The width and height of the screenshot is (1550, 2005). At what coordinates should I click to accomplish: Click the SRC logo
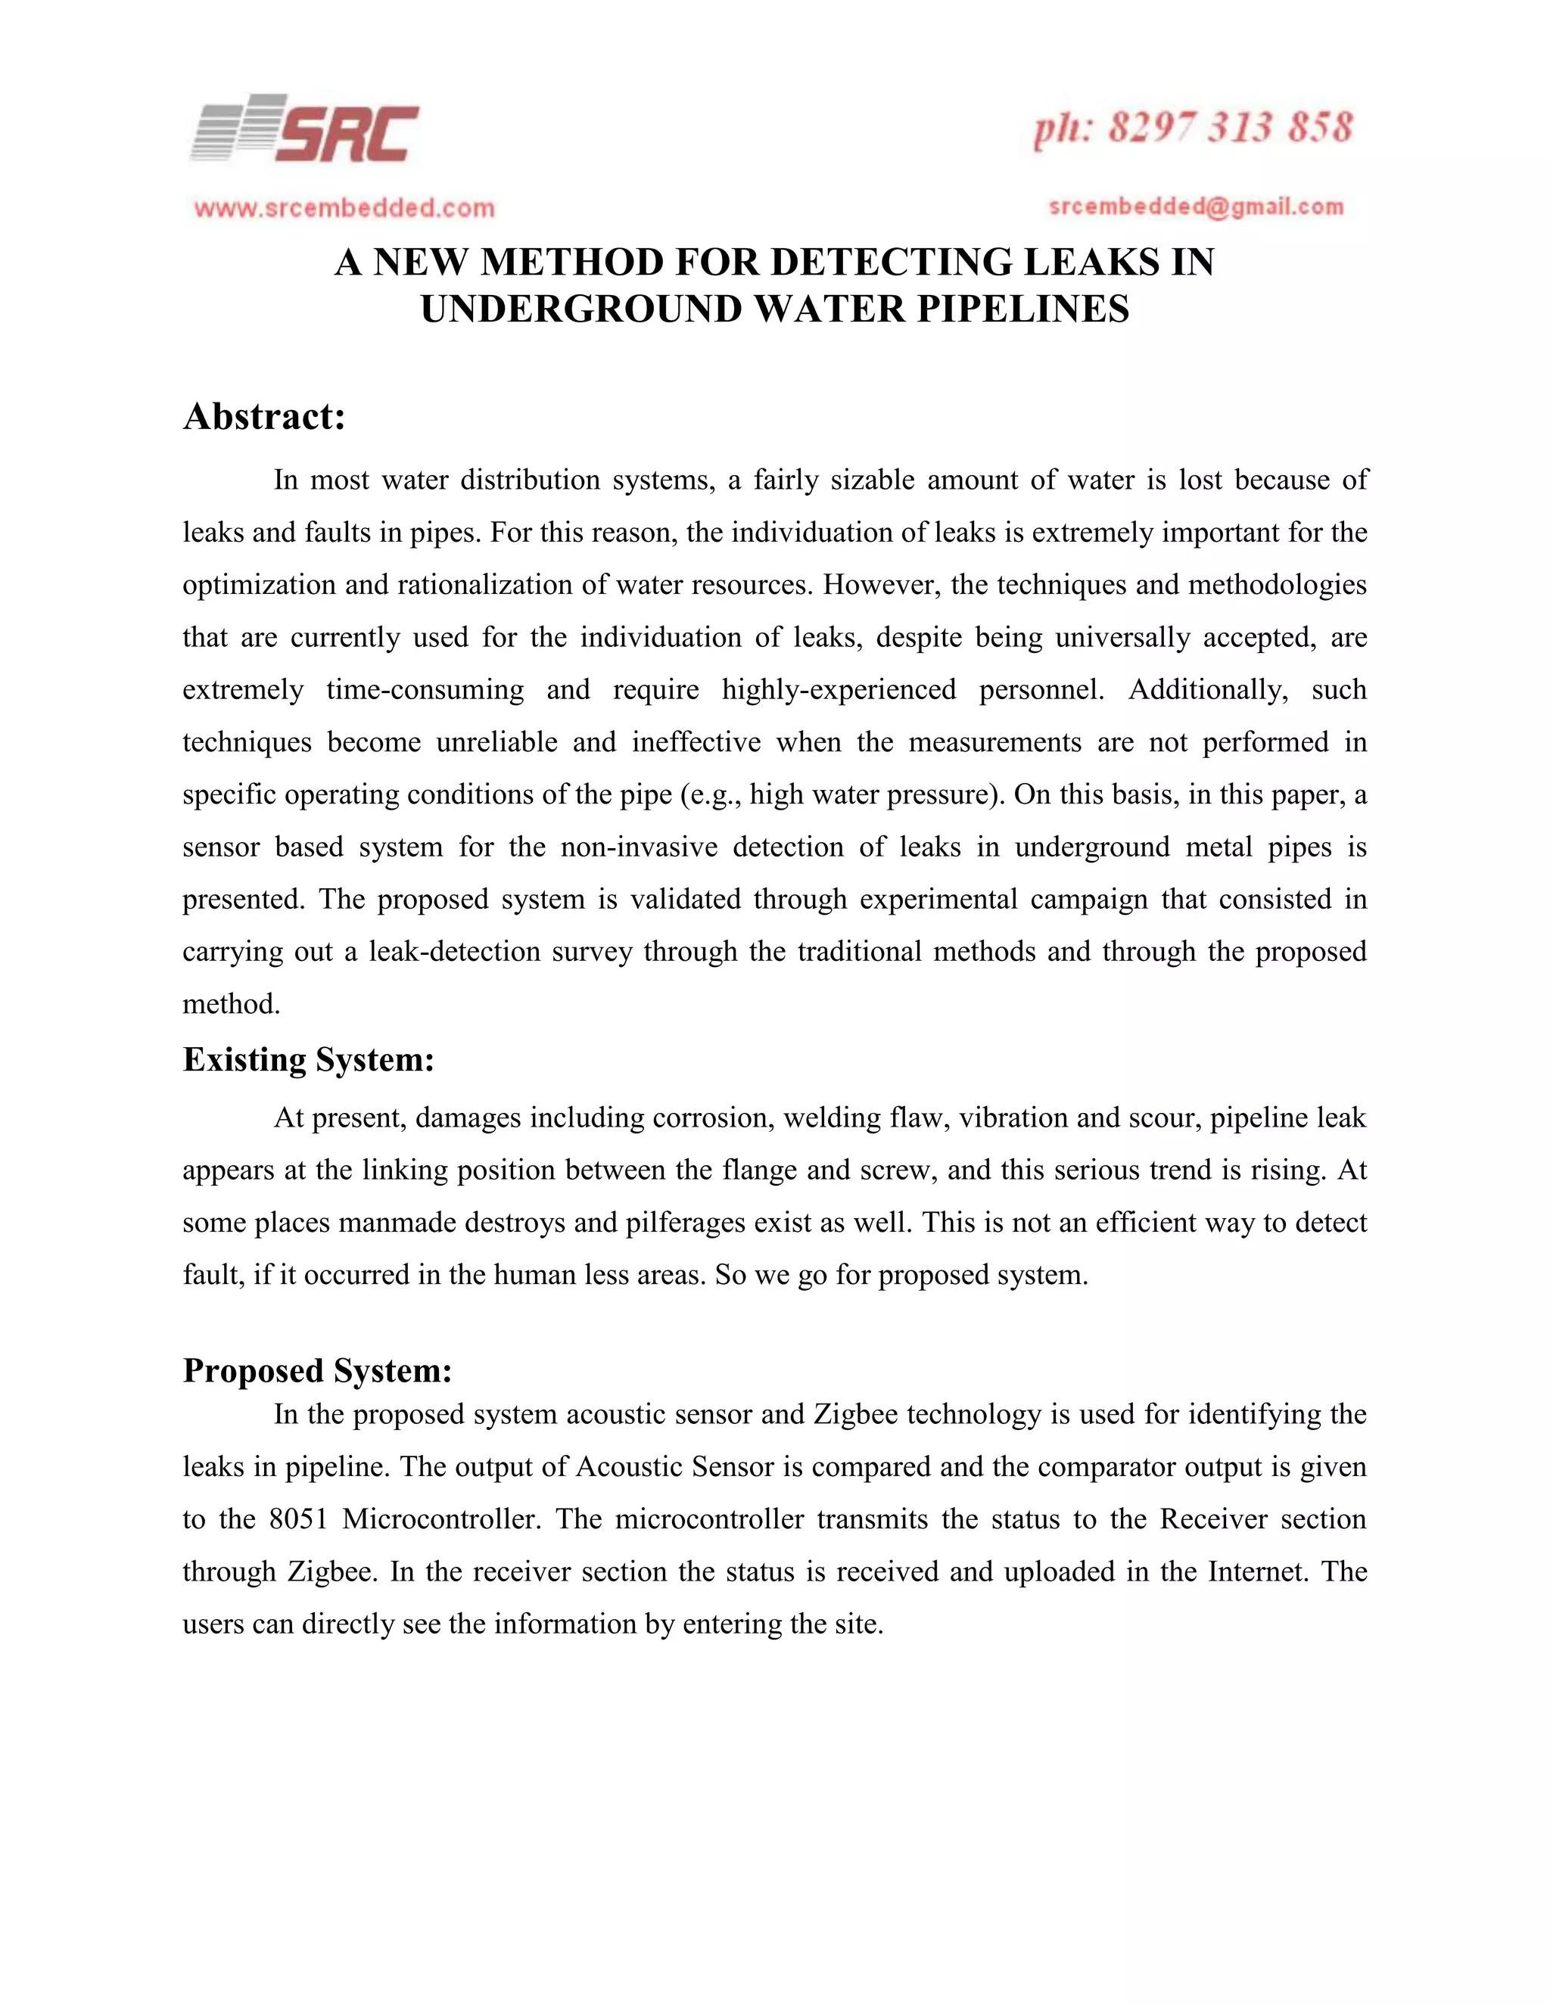304,129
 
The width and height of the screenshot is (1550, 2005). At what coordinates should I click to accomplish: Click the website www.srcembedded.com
344,208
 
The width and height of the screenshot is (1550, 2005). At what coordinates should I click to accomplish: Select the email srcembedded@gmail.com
1196,207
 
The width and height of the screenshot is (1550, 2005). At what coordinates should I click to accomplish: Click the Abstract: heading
264,417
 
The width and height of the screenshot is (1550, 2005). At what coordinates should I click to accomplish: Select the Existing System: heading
309,1060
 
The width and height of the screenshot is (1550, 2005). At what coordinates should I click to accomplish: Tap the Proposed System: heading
318,1371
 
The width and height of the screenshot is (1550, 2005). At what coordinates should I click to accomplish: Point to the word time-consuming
425,689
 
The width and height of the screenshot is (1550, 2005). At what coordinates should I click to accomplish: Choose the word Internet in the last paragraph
1258,1571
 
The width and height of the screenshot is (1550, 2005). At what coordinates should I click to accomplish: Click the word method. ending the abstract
232,1004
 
